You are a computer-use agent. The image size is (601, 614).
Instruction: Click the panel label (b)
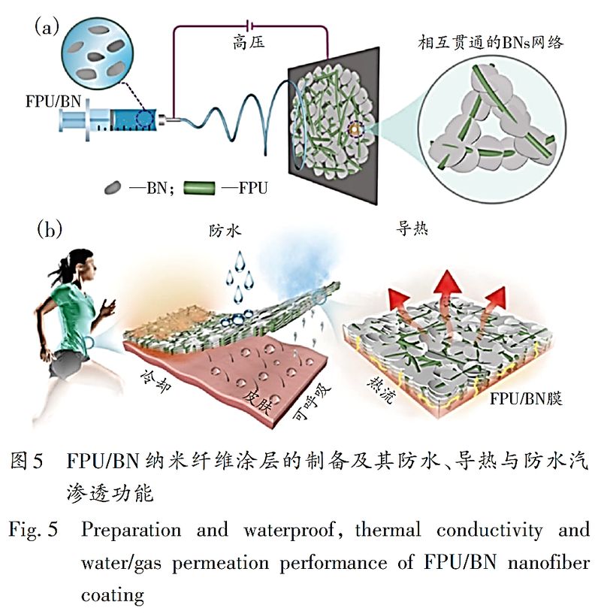tap(49, 228)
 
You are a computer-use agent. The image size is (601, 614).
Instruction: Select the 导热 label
tap(412, 229)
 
